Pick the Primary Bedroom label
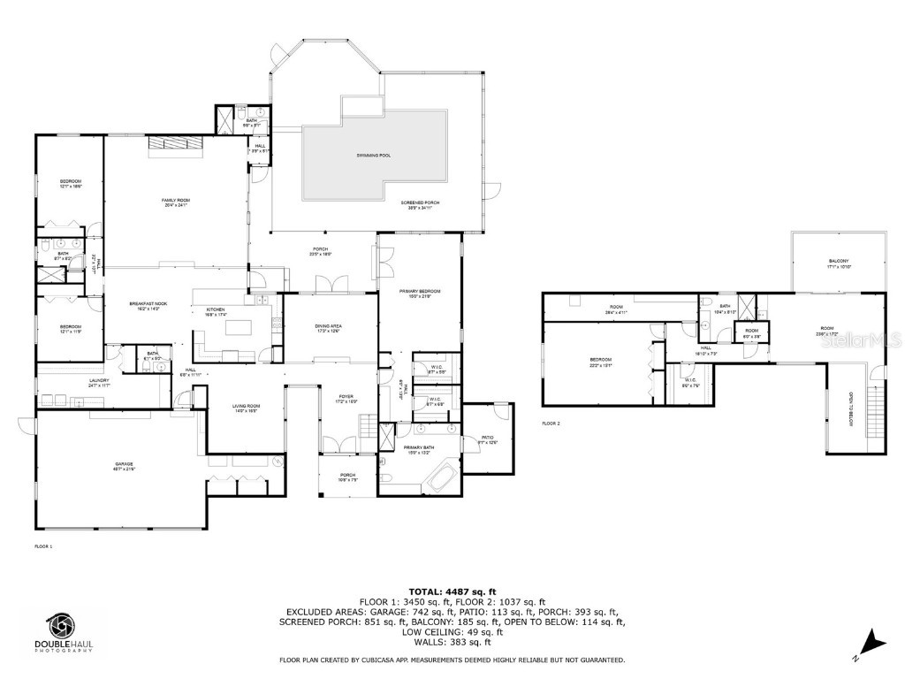click(x=421, y=294)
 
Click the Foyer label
click(x=345, y=398)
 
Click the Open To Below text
click(x=853, y=408)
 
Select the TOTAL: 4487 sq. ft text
click(x=452, y=591)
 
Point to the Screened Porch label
click(x=423, y=204)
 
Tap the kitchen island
click(x=239, y=329)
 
